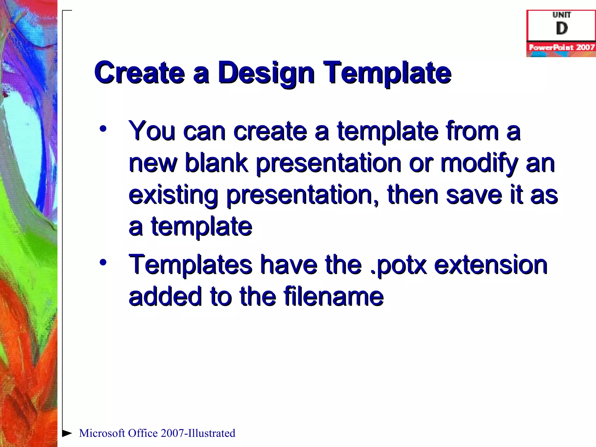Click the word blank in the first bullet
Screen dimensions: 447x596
(x=217, y=163)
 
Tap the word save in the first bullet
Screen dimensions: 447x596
(x=474, y=195)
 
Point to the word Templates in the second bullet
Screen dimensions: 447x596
(x=190, y=265)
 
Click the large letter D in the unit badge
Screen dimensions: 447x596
(x=562, y=29)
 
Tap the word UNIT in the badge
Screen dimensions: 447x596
(x=562, y=15)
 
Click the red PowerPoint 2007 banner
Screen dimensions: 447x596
(x=561, y=47)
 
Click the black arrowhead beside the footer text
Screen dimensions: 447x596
(x=67, y=433)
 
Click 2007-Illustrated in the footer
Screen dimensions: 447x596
(x=198, y=433)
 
